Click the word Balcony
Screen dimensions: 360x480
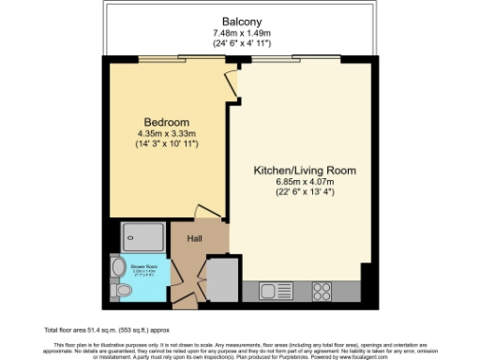[x=241, y=22]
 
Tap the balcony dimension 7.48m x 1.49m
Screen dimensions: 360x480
[x=241, y=34]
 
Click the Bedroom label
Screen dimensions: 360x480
[x=166, y=123]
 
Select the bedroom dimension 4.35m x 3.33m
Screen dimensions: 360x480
[x=167, y=135]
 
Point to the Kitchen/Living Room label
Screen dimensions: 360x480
[x=305, y=171]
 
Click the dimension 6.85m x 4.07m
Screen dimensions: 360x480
[x=305, y=183]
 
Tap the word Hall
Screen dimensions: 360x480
[x=196, y=239]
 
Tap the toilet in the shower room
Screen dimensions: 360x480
[x=116, y=270]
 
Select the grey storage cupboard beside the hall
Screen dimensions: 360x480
[x=222, y=278]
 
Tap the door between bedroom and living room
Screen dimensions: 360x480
[x=233, y=84]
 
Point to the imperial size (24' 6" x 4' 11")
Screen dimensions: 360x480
[x=241, y=45]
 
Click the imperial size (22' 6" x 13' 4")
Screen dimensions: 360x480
[x=305, y=194]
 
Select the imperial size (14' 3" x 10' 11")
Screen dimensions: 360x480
[x=167, y=146]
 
